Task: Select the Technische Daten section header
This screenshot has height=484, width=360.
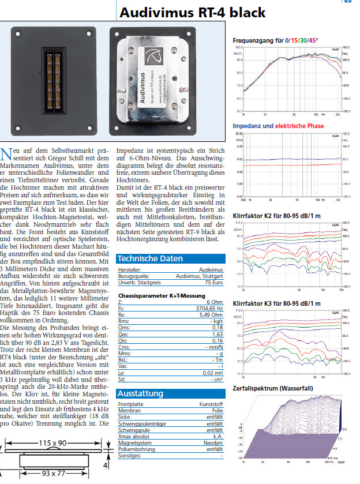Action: [x=150, y=258]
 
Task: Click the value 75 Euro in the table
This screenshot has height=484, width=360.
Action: [x=213, y=283]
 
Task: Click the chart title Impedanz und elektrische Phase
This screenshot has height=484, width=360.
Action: [x=278, y=126]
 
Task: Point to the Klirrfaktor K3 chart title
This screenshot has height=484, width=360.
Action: [x=276, y=303]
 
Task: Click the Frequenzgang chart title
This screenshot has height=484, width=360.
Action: [x=275, y=40]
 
